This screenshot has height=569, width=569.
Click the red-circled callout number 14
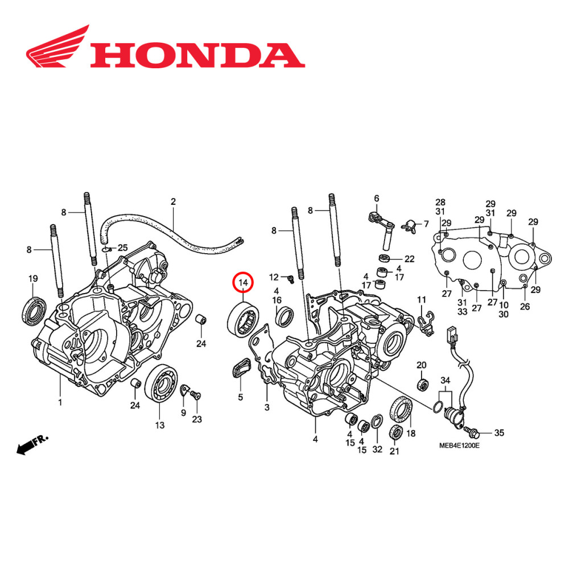point(244,282)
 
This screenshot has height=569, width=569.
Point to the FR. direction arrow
point(32,444)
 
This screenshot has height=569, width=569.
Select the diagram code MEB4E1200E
point(459,446)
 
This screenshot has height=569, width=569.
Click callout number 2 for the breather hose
point(173,201)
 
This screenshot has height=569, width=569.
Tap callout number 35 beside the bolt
point(498,433)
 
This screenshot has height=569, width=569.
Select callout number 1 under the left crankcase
point(60,403)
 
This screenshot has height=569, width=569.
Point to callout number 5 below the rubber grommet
point(241,397)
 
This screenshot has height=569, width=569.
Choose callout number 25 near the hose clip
point(123,248)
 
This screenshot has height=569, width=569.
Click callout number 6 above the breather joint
point(376,198)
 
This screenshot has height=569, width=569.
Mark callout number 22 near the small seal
point(409,258)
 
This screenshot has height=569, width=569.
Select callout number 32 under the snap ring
point(377,450)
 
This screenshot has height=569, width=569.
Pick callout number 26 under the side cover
point(524,306)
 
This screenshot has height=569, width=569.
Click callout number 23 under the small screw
point(197,420)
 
